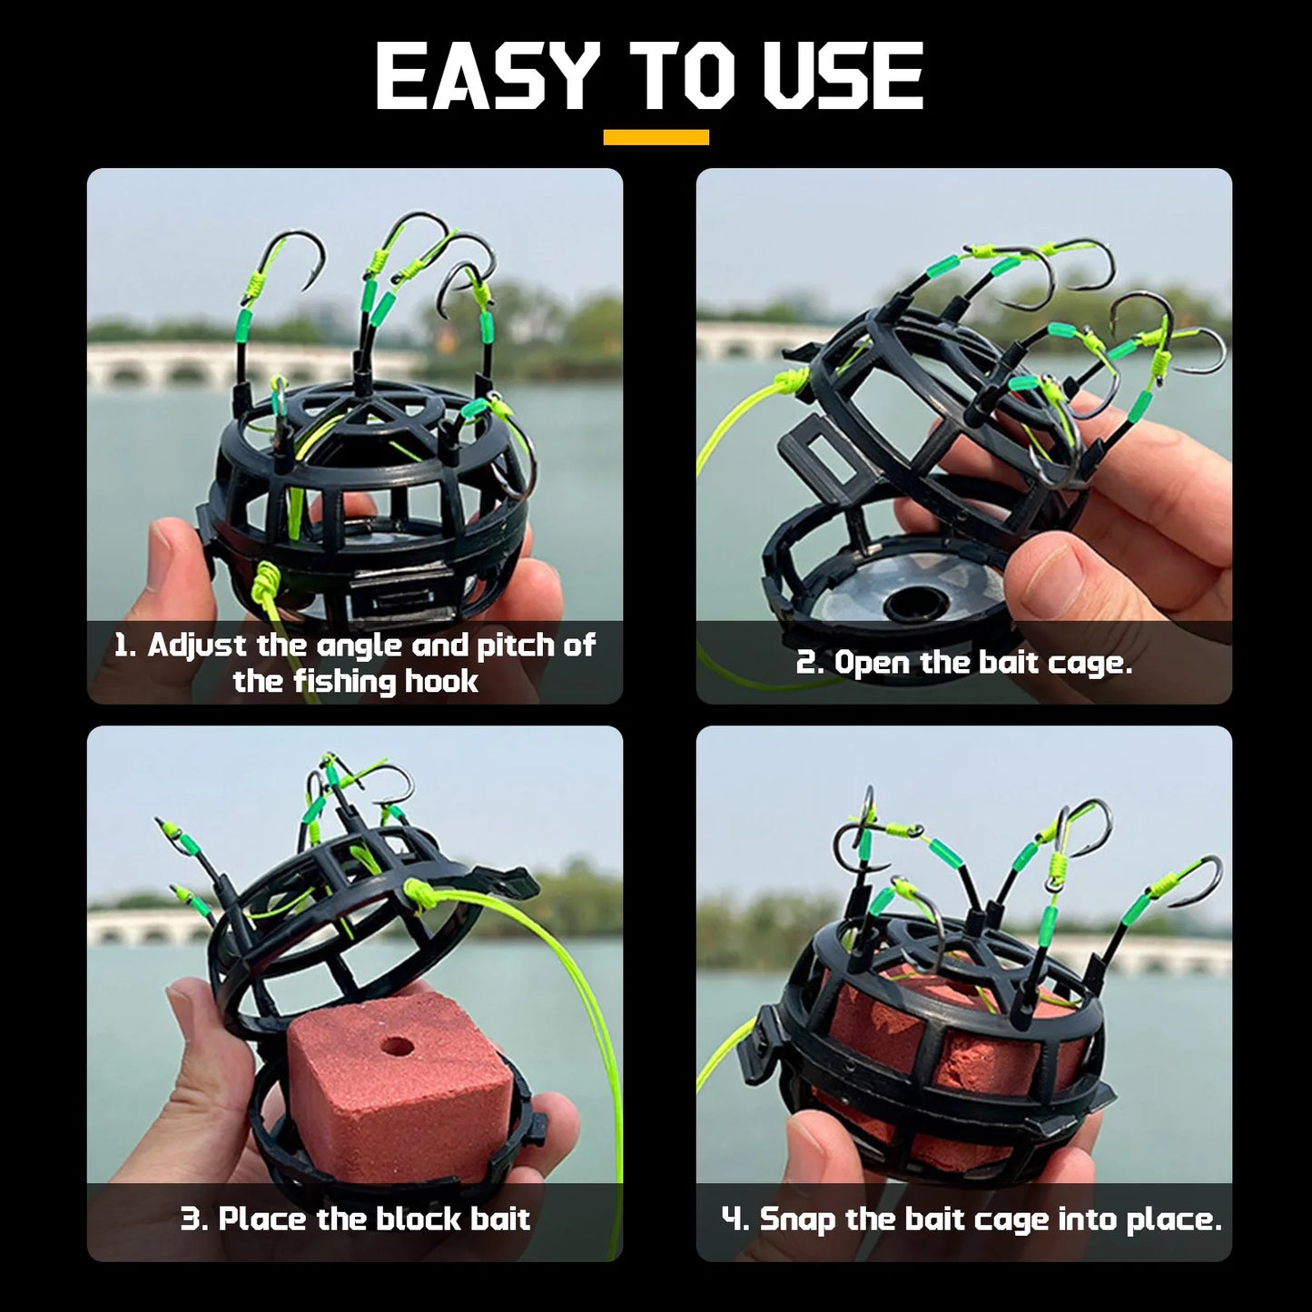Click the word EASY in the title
487,78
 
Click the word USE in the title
843,78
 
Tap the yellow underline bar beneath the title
656,137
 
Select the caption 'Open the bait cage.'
964,662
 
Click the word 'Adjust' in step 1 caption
197,645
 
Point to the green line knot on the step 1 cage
268,577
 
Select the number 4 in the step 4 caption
734,1218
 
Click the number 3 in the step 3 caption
192,1218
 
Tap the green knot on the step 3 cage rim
421,893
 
